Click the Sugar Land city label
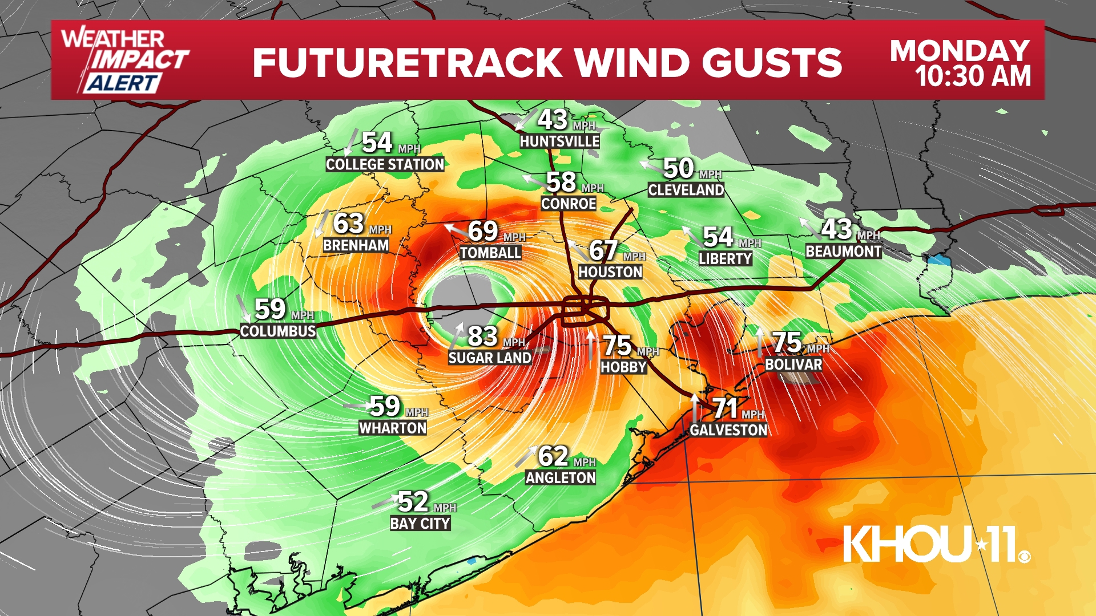coord(490,358)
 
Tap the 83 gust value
coord(483,337)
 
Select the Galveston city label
coord(728,430)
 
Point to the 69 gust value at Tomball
coord(483,232)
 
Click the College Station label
coord(385,165)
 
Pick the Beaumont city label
coord(843,252)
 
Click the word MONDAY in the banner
coord(960,51)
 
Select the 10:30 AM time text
coord(973,76)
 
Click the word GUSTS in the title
coord(772,62)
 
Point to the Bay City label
coord(420,524)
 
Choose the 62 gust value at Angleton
coord(553,456)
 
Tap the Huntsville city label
coord(559,141)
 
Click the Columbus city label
coord(278,331)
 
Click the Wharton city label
coord(392,428)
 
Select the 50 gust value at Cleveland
coord(678,168)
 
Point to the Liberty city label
coord(725,259)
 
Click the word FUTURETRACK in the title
coord(407,62)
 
